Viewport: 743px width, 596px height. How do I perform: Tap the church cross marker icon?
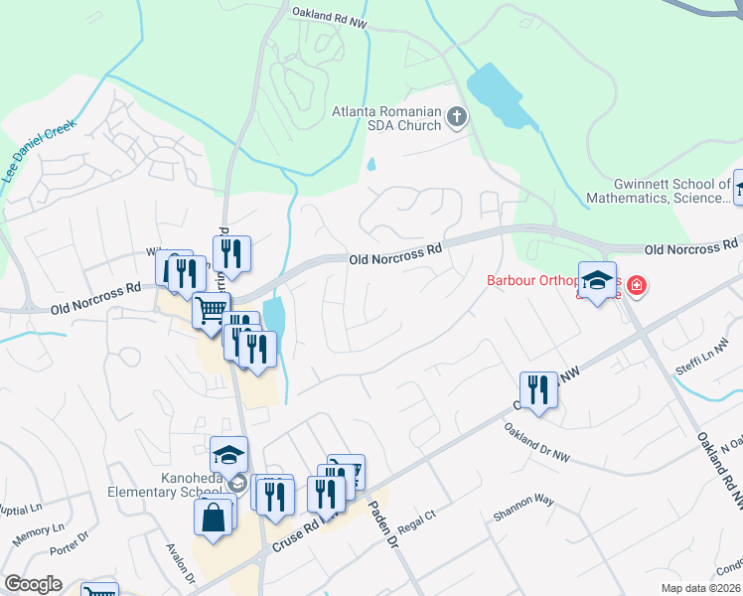click(457, 119)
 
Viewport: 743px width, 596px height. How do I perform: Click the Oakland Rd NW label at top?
click(329, 13)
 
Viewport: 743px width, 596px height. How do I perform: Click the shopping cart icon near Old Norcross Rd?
click(211, 311)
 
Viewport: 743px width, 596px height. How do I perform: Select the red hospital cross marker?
click(635, 287)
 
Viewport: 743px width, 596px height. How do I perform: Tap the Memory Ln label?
click(38, 535)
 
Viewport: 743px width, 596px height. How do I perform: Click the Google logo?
click(33, 584)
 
